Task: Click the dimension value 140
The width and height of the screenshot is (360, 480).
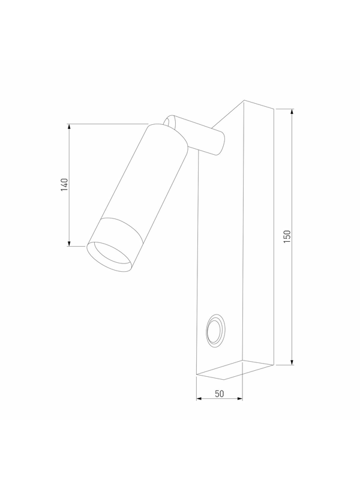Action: (x=64, y=185)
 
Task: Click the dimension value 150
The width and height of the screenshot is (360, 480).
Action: (x=287, y=236)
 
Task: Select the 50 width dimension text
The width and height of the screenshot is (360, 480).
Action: (x=219, y=394)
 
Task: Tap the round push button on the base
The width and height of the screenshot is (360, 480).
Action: (x=215, y=331)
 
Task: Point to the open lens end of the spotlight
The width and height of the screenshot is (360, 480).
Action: (x=110, y=257)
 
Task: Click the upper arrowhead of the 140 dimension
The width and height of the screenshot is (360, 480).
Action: (x=69, y=127)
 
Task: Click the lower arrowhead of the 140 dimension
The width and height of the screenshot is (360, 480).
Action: (x=69, y=243)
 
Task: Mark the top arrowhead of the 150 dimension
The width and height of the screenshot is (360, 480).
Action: (x=292, y=112)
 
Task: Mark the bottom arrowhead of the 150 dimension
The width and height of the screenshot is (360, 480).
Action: (x=292, y=362)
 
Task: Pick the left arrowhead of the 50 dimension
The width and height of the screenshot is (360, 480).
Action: (x=199, y=398)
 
